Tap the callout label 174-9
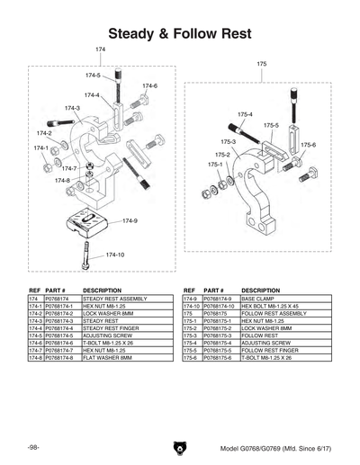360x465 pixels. [x=130, y=220]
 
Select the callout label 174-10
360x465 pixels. [x=115, y=255]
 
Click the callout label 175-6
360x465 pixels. [x=308, y=145]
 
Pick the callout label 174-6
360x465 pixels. [x=149, y=85]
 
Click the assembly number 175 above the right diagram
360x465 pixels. [x=262, y=65]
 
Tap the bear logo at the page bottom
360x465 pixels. [x=180, y=448]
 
